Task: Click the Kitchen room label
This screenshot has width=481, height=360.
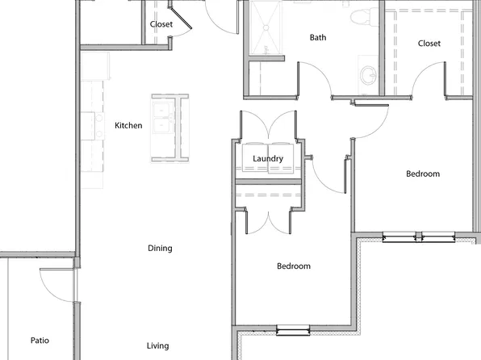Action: point(128,126)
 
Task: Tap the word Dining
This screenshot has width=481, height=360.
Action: point(160,249)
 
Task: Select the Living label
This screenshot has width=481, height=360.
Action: point(158,346)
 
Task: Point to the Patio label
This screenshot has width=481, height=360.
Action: point(40,341)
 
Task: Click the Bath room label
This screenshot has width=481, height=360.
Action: point(318,38)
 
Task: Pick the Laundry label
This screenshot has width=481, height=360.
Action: point(268,159)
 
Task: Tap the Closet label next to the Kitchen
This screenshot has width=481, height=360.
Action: point(161,24)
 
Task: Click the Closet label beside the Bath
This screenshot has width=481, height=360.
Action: point(429,44)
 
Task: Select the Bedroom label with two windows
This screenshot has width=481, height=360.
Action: point(422,174)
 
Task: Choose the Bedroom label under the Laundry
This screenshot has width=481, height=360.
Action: point(294,266)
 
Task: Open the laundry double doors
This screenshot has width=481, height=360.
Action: point(269,128)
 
